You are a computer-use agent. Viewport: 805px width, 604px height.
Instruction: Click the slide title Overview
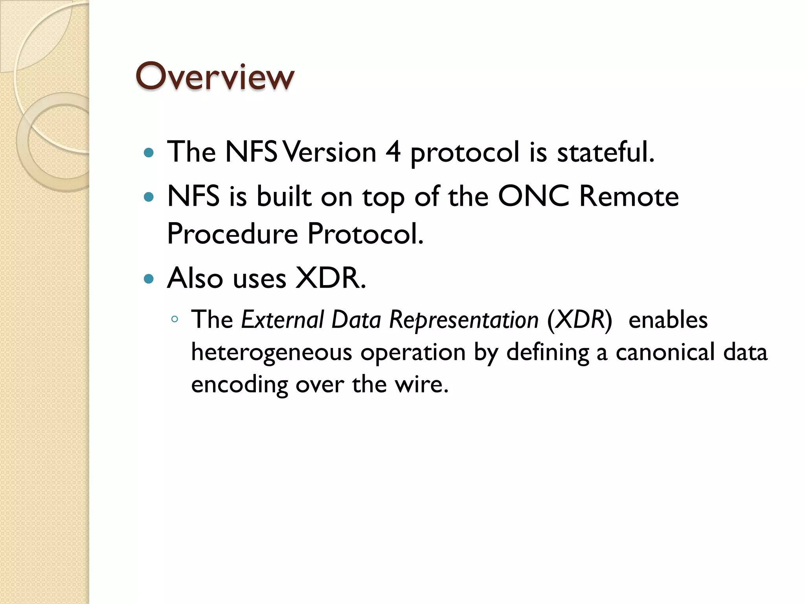point(215,76)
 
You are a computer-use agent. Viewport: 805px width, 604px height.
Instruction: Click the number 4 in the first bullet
point(393,152)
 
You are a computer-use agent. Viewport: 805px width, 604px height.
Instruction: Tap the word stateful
point(605,152)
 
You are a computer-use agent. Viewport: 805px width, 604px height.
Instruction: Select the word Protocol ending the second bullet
point(366,234)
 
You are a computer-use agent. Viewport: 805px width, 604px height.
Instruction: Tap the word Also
point(195,278)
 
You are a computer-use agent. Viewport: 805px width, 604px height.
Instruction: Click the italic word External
point(282,319)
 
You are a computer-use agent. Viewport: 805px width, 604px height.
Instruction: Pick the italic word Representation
point(464,319)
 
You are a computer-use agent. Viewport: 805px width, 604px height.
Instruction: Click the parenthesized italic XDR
point(580,319)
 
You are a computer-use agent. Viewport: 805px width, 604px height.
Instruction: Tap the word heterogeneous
point(271,352)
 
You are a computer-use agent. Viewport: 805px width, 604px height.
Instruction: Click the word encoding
point(239,385)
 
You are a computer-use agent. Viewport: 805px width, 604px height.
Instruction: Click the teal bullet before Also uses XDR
point(149,279)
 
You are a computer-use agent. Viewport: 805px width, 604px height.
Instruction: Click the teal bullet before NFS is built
point(149,197)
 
